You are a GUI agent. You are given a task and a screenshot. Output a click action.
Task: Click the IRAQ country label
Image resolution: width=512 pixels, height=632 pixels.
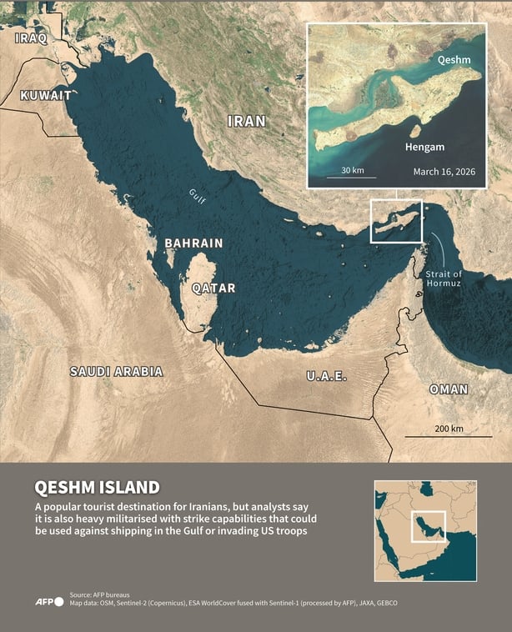31,38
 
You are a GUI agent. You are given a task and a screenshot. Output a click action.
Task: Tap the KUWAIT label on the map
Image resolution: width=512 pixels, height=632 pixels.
45,95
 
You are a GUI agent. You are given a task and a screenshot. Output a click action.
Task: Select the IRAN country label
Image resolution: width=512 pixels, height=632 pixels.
247,122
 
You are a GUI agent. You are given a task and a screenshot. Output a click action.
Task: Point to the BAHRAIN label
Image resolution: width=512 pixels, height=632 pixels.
193,243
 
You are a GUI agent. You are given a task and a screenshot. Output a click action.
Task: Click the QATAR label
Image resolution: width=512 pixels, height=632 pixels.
213,288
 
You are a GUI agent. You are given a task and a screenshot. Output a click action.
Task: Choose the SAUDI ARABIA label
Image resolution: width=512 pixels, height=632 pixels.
116,372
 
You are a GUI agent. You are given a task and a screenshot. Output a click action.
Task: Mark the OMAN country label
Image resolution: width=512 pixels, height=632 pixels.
449,389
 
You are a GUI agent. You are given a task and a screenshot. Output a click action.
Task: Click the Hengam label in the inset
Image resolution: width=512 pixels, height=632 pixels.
425,147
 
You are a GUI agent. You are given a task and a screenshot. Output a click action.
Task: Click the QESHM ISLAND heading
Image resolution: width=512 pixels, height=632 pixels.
96,488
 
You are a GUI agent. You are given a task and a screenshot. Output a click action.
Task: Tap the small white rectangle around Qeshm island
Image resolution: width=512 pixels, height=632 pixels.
396,222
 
